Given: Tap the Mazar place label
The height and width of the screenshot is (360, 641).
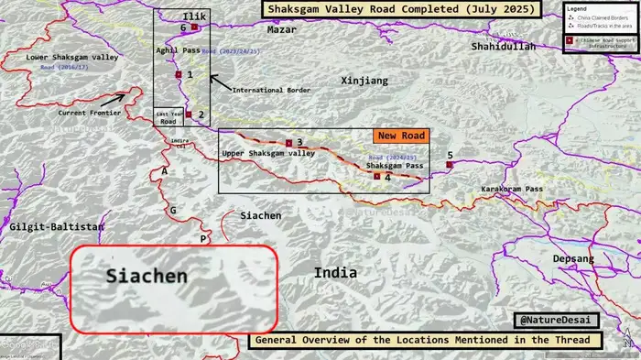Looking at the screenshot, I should (282, 30).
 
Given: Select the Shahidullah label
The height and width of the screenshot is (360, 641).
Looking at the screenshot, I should (503, 46).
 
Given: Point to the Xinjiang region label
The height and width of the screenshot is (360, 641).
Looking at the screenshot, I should (364, 81).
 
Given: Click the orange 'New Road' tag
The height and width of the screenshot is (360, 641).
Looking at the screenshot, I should (400, 136).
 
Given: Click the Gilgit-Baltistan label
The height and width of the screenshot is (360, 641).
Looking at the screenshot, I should (53, 225).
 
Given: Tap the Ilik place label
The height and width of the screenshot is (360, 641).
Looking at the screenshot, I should (194, 16).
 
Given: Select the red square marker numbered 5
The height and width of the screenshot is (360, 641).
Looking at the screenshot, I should (449, 165).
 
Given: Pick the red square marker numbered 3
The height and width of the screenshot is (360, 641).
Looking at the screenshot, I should (288, 143).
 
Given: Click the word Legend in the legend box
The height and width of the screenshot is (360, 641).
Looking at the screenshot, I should (578, 8).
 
